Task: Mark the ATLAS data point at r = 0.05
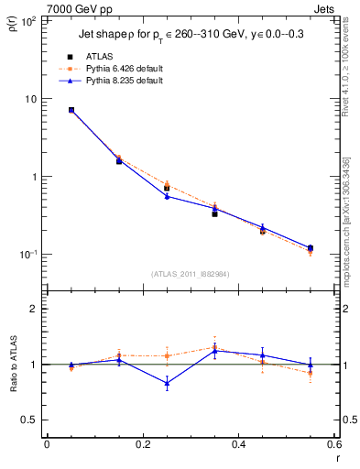[x=71, y=110]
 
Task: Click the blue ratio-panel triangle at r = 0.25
[x=167, y=383]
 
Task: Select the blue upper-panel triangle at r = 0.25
[x=167, y=196]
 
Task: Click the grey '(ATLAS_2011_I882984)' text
[x=190, y=273]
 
